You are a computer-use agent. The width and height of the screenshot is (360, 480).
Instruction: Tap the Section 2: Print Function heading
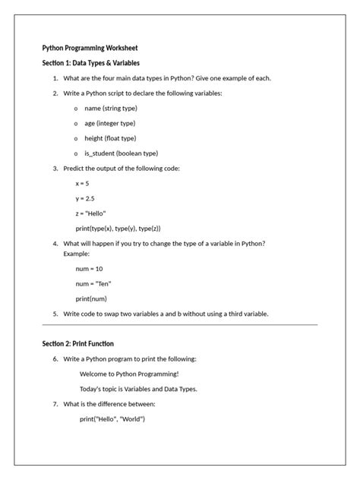click(77, 343)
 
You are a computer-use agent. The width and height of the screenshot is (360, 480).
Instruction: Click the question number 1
click(55, 78)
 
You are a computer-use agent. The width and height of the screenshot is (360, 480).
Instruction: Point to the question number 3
click(55, 168)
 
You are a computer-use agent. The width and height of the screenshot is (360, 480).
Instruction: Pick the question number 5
click(55, 313)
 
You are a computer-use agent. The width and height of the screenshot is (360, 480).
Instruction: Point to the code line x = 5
click(82, 183)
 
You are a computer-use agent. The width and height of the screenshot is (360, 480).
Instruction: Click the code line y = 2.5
click(84, 198)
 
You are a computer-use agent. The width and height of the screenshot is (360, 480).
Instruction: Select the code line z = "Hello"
click(90, 213)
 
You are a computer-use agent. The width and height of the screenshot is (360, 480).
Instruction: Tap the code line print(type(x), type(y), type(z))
click(118, 228)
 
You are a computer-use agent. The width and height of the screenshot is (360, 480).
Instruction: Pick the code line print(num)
click(90, 298)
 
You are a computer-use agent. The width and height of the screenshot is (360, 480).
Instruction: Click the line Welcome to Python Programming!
click(129, 374)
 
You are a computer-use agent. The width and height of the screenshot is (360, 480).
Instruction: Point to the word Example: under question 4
click(77, 254)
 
